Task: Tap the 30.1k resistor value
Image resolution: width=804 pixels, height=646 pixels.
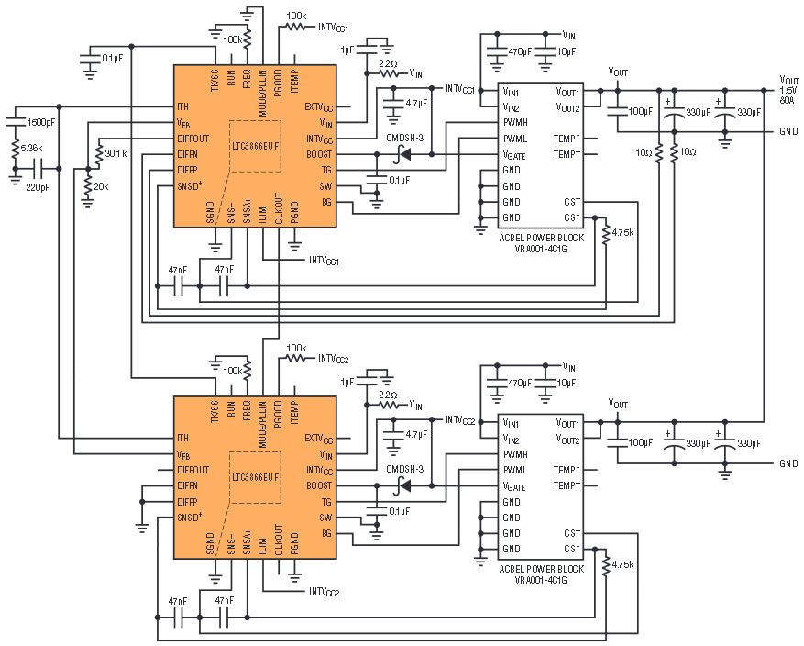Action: click(x=117, y=153)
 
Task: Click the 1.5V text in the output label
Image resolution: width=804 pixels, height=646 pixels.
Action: click(x=788, y=90)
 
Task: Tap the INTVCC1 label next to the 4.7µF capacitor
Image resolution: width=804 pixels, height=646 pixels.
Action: click(x=460, y=89)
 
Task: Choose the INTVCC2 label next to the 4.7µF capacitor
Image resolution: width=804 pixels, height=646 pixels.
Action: click(x=460, y=420)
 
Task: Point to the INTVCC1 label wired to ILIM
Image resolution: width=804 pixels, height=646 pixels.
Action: click(x=324, y=262)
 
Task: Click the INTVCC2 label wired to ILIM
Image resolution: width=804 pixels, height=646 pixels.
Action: click(x=324, y=592)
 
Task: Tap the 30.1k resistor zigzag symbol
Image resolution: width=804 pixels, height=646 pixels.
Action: click(x=98, y=153)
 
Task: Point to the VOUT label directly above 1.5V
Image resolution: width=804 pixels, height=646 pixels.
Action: click(x=787, y=79)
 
